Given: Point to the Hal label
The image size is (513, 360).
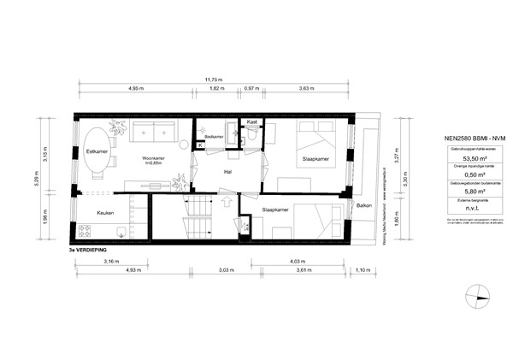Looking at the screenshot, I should point(227,172).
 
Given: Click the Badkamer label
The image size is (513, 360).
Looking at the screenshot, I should point(215,137).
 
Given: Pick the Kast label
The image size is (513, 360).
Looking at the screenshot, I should point(252,122).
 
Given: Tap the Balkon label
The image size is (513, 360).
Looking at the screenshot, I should point(363,207).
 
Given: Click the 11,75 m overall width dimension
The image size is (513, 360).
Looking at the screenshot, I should point(213,80).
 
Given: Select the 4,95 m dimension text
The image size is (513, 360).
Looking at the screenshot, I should point(135,89).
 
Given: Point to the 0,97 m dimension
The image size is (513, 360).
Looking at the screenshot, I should point(251,89).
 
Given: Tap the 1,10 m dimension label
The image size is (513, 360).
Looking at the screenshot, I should point(364,270).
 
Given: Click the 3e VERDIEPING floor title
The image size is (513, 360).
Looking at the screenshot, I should point(91,251).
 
